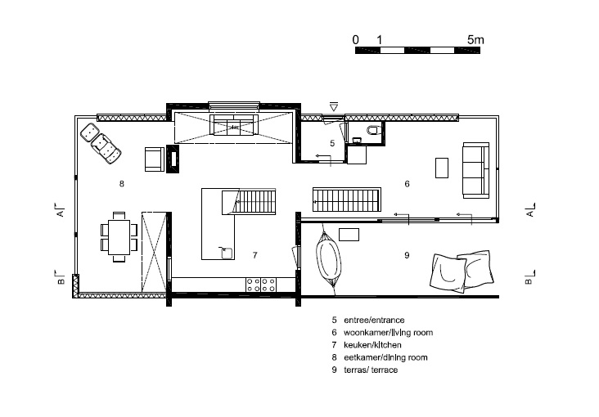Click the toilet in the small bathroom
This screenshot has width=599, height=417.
[x=374, y=130]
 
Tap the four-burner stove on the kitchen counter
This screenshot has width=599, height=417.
[x=261, y=285]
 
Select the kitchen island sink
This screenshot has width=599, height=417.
[x=226, y=253]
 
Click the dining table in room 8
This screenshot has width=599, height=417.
[x=119, y=237]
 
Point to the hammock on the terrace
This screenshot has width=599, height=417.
[x=328, y=258]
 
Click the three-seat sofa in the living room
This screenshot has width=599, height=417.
[x=476, y=170]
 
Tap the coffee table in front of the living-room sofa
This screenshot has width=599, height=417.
[x=442, y=168]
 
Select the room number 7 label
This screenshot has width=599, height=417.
[x=254, y=255]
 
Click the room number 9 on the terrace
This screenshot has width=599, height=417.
[x=407, y=255]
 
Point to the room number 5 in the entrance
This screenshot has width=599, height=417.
[x=332, y=143]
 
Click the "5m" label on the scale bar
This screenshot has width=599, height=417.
[x=475, y=40]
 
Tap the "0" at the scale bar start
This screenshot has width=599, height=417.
[x=356, y=40]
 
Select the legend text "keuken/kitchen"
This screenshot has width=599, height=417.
[x=372, y=345]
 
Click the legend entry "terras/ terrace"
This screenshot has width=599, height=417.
[x=371, y=370]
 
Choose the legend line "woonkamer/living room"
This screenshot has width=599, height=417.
[x=388, y=333]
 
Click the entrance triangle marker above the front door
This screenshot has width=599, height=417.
[x=334, y=107]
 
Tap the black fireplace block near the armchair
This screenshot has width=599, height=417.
[x=173, y=159]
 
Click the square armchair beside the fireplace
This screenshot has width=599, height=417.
[x=155, y=159]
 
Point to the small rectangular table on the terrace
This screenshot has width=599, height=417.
[x=349, y=235]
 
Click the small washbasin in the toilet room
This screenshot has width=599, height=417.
[x=357, y=141]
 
